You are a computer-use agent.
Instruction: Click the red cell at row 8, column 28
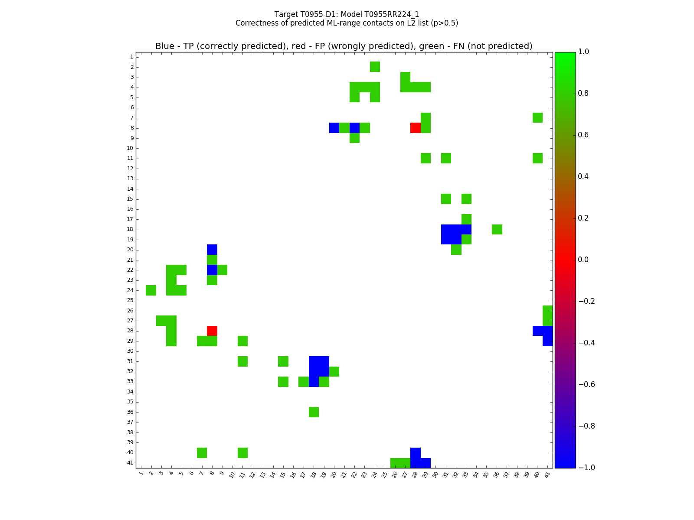point(415,128)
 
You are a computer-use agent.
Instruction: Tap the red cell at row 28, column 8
point(212,331)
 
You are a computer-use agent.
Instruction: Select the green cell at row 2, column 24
point(375,67)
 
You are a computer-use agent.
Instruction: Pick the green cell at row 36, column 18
point(314,412)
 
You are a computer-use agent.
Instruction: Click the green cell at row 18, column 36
point(497,229)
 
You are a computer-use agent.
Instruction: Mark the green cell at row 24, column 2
point(151,290)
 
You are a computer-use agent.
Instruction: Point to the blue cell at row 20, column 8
point(212,250)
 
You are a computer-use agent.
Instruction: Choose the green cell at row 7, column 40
point(537,117)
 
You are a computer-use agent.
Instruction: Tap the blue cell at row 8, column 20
point(334,128)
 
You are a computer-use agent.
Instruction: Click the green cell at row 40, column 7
point(202,452)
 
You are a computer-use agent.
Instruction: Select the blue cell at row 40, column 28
point(415,452)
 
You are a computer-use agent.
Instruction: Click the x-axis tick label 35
point(486,474)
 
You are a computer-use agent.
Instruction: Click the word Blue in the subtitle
point(164,46)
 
